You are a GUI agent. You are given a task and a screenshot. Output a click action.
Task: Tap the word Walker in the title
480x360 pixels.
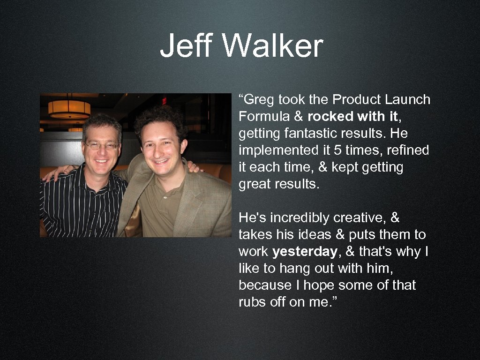pyautogui.click(x=273, y=46)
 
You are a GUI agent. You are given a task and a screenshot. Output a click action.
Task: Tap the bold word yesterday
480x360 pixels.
pyautogui.click(x=305, y=252)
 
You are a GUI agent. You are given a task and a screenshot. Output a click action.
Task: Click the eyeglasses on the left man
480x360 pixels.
pyautogui.click(x=102, y=146)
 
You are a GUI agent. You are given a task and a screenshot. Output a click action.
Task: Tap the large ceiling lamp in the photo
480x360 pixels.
pyautogui.click(x=69, y=109)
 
